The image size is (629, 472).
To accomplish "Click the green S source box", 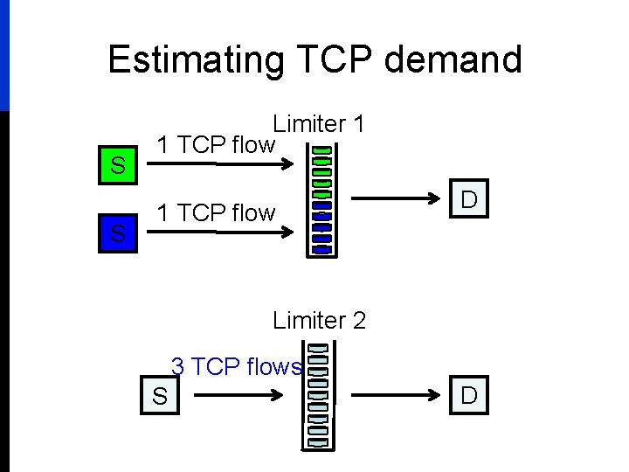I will coord(118,164).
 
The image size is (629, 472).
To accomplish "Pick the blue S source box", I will coord(118,233).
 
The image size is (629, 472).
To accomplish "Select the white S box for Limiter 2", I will coord(160,396).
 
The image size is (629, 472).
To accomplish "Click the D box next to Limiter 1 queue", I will coord(469,200).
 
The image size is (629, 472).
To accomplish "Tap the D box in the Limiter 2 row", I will coord(469,395).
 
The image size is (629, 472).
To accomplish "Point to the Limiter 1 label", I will coord(318,124).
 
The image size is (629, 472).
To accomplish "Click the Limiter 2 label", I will coord(319,320).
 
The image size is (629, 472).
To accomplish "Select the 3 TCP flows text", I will coord(236,365).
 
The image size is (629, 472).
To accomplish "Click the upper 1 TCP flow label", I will coord(215,144).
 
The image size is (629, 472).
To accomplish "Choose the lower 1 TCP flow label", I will coord(215,212).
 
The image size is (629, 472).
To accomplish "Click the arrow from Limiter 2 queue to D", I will coord(392,396).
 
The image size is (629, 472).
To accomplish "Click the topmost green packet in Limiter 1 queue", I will coord(321,150).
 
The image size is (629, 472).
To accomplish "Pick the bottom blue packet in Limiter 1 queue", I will coord(322,249).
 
